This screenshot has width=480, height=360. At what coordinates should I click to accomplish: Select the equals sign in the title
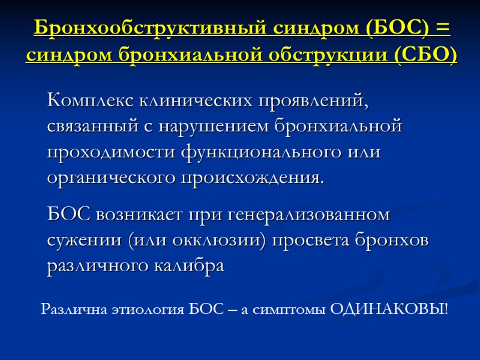tap(443, 28)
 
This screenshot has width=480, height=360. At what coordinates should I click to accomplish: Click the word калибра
tap(191, 266)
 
